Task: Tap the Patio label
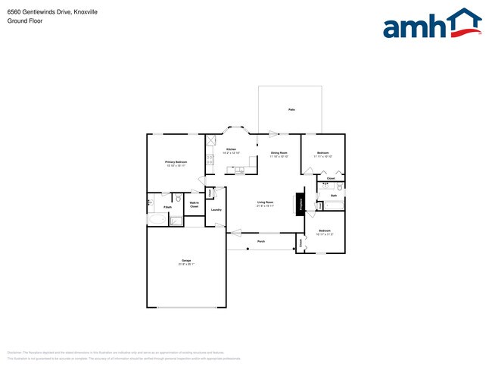pos(291,110)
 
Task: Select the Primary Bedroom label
pos(176,161)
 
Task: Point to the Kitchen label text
pos(231,149)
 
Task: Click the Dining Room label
pos(279,153)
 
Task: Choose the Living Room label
pos(265,202)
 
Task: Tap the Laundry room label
pos(216,210)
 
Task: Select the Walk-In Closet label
pos(194,205)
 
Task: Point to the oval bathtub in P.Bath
pos(157,220)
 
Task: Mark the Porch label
pos(261,242)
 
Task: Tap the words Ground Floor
pos(25,21)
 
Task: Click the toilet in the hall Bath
pos(340,187)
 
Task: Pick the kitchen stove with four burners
pos(211,141)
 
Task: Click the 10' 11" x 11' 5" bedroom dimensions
pos(325,234)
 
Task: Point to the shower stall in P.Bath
pos(176,221)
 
